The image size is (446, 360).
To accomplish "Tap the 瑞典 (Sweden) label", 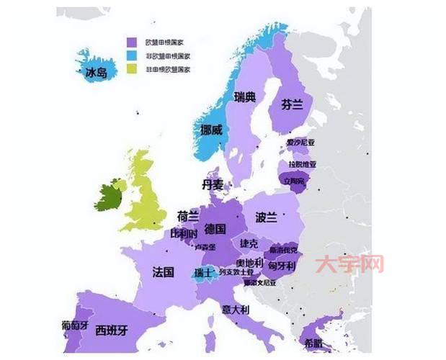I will pos(245,97).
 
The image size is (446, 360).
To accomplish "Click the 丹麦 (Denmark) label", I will pos(213,185).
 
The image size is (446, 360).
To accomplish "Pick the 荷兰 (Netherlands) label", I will pos(187,215).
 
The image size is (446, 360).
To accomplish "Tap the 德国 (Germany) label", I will pos(215,230).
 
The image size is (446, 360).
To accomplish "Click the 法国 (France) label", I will pos(164,272).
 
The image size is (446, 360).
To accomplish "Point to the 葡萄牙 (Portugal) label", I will pos(75,325).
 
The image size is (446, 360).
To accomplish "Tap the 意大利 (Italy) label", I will pos(235,310).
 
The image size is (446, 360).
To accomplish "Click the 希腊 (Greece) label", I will pos(313,343).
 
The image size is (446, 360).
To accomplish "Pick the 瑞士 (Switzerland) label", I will pos(203,273).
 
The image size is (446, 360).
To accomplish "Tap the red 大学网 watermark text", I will pos(352,264).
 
